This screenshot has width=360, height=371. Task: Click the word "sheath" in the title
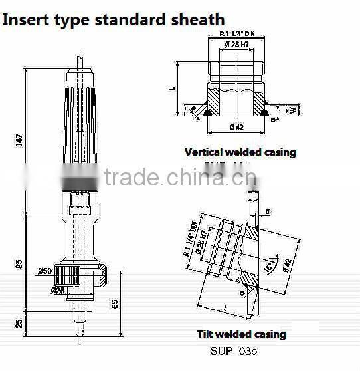point(195,19)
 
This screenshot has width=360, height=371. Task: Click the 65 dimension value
point(115,305)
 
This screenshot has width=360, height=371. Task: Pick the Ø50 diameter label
point(46,271)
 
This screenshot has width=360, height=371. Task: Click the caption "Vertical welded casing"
point(240,152)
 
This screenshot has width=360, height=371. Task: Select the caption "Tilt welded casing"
point(241,334)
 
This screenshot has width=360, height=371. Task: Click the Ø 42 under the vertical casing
point(237,127)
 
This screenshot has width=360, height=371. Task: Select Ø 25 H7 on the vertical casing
point(238,45)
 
